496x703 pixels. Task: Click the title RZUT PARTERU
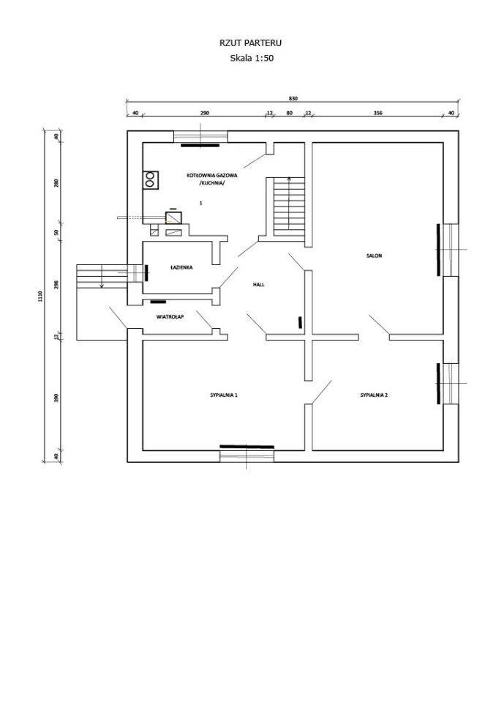pos(250,43)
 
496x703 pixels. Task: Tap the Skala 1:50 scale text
pos(252,58)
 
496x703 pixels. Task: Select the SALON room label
pos(374,256)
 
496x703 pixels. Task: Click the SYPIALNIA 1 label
pos(224,395)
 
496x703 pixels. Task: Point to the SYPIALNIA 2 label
pos(374,395)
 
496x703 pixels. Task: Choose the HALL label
pos(258,284)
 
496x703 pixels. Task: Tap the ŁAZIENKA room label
pos(181,267)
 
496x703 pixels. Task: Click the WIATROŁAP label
pos(170,316)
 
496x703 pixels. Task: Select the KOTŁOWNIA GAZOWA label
pos(212,175)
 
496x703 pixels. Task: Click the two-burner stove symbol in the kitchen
pos(150,179)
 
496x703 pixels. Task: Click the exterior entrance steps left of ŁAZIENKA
pos(102,276)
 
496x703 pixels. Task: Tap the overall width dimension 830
pos(293,98)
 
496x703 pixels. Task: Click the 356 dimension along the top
pos(377,113)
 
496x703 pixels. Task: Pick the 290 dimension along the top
pos(204,113)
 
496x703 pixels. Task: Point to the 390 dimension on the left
pos(56,398)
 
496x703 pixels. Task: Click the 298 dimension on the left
pos(56,284)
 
